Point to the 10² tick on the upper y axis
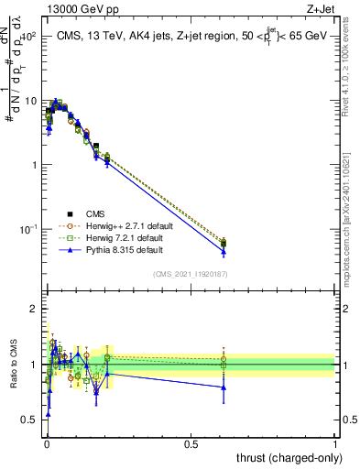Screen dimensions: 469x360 (x=27, y=37)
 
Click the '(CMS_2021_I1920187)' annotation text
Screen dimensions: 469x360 (x=190, y=274)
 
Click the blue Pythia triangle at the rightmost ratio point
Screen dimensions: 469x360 (x=224, y=387)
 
